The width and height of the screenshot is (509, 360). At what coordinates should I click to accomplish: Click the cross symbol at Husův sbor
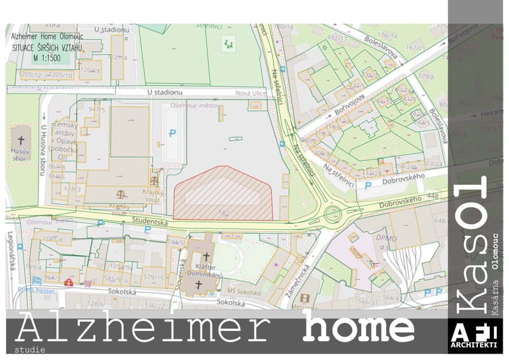click(20, 140)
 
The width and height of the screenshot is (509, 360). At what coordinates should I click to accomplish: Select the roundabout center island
click(331, 214)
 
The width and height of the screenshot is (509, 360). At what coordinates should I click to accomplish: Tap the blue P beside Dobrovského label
click(368, 186)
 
